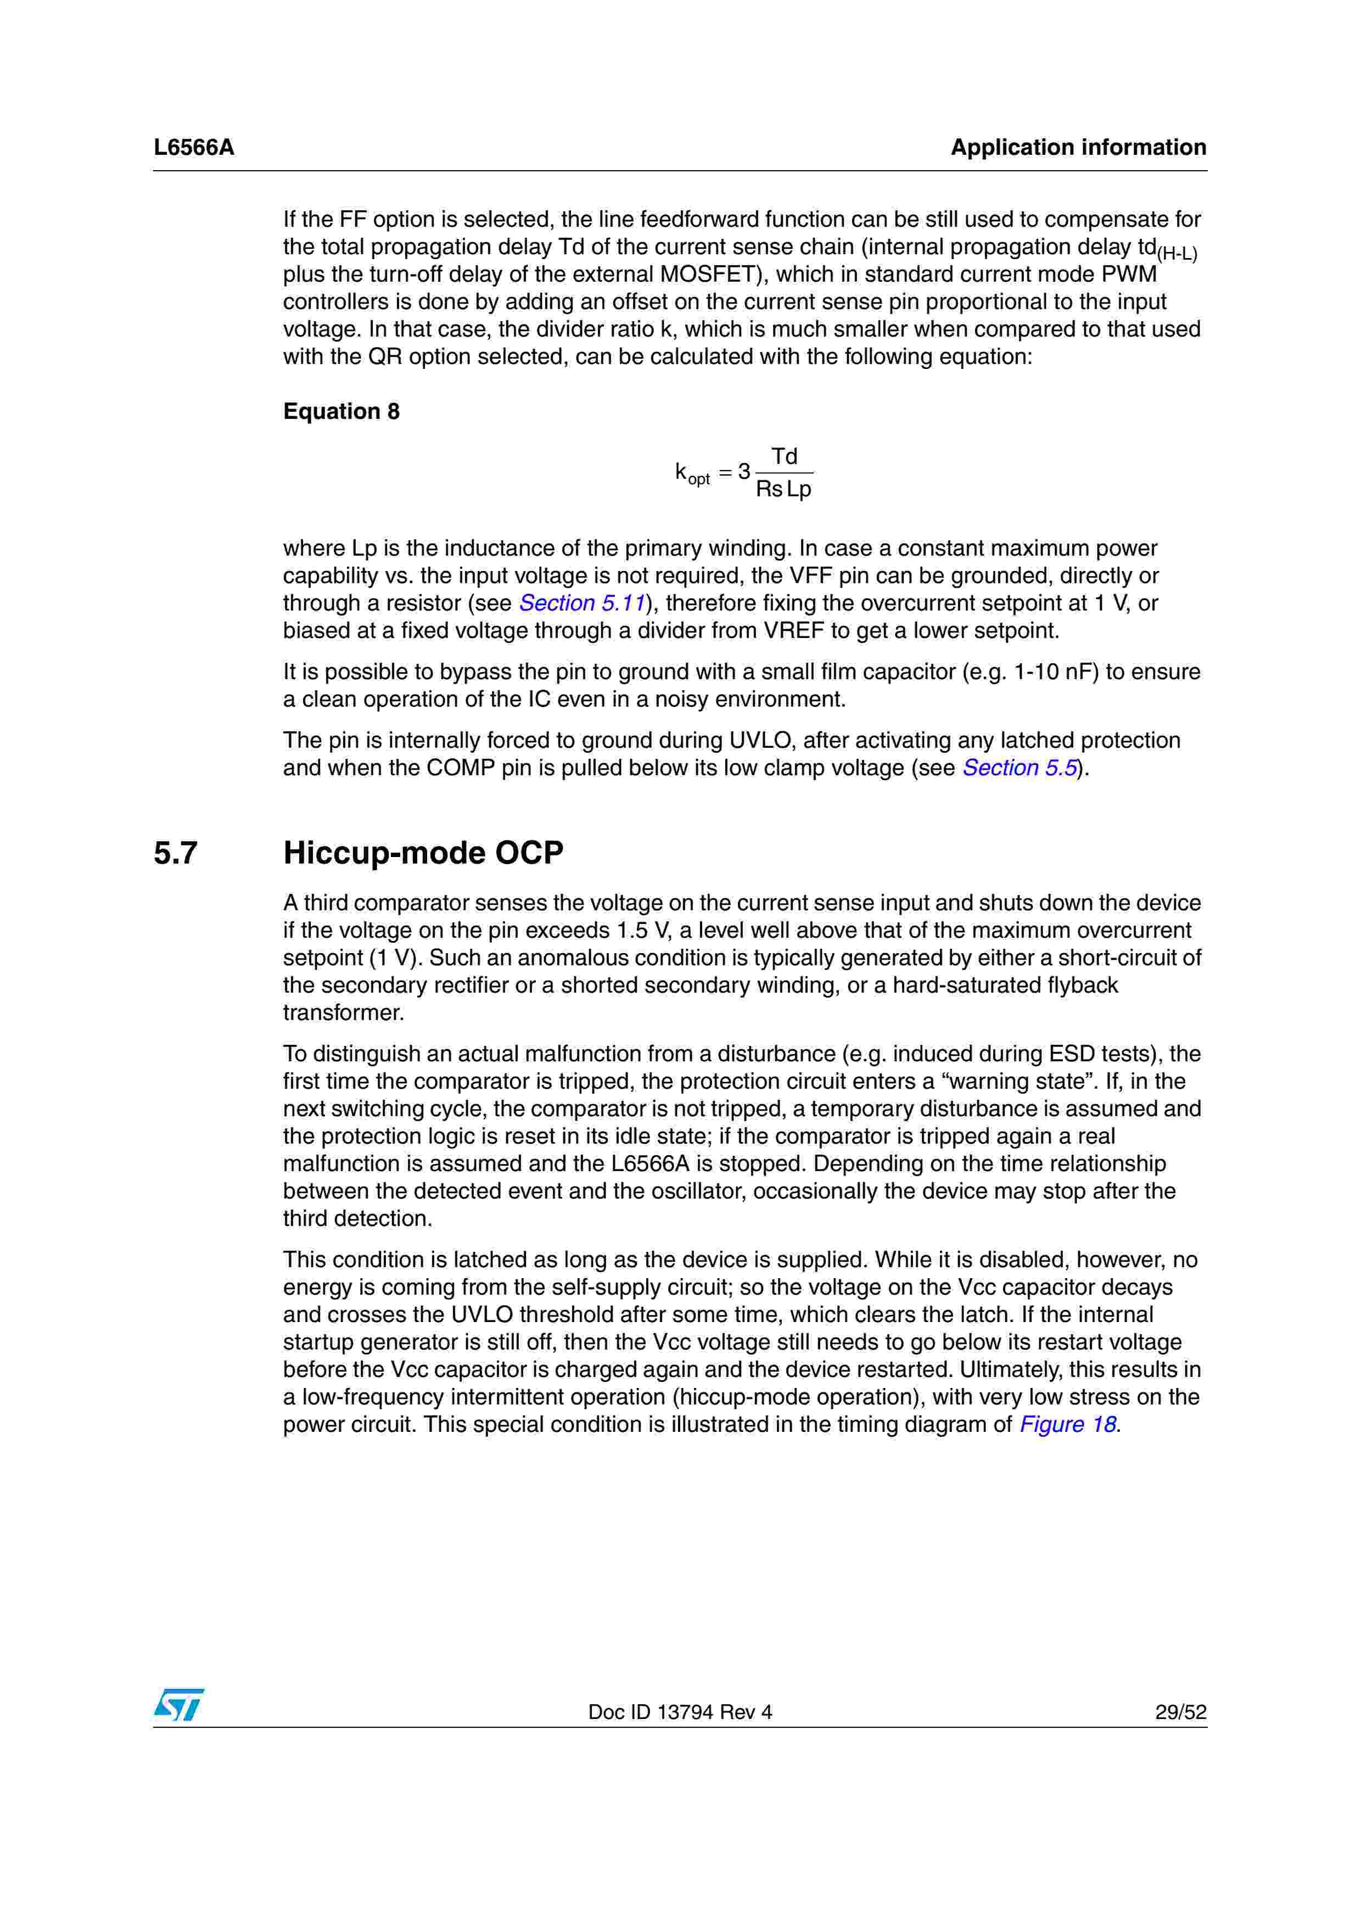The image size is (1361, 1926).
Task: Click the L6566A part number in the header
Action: pos(194,148)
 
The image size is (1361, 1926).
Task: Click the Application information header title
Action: pos(1078,148)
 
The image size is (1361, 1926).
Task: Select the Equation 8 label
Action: pos(341,411)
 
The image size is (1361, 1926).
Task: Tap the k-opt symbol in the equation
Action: pos(692,473)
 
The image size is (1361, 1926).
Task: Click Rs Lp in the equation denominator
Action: pos(783,489)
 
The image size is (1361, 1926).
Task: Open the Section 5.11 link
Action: pos(582,603)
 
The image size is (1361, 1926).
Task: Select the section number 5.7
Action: pos(175,853)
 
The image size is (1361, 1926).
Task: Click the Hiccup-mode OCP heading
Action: pos(423,853)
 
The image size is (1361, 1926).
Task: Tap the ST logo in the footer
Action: pos(178,1705)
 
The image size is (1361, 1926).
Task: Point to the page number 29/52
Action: pos(1180,1712)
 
